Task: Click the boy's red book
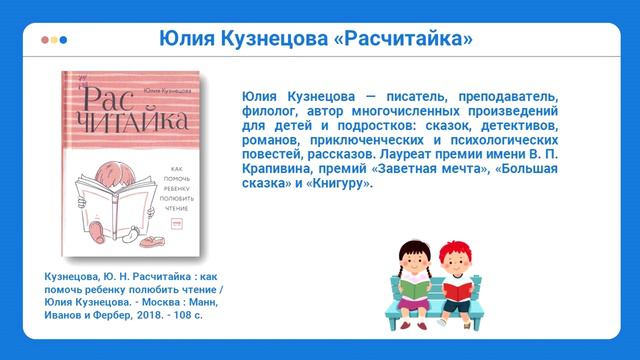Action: pos(458,289)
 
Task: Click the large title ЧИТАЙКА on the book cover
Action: pos(130,124)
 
